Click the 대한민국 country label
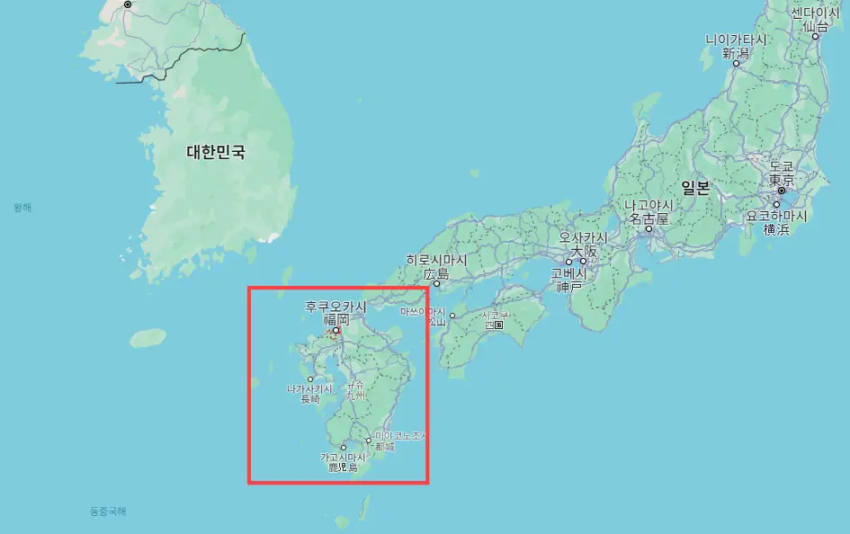click(215, 153)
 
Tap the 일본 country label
click(695, 188)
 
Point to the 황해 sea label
click(22, 208)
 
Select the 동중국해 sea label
click(108, 512)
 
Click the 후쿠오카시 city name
click(336, 307)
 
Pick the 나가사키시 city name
click(309, 388)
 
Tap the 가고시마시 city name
click(344, 458)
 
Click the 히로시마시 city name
click(436, 260)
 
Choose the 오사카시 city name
click(583, 237)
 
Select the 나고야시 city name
click(648, 206)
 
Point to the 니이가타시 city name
click(736, 40)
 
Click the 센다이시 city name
click(815, 13)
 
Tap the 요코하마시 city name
click(776, 217)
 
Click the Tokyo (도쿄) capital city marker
click(782, 191)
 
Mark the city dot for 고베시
click(568, 262)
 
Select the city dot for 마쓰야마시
click(452, 316)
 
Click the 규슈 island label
click(356, 389)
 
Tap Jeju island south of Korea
click(148, 338)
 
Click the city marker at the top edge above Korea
click(128, 4)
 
